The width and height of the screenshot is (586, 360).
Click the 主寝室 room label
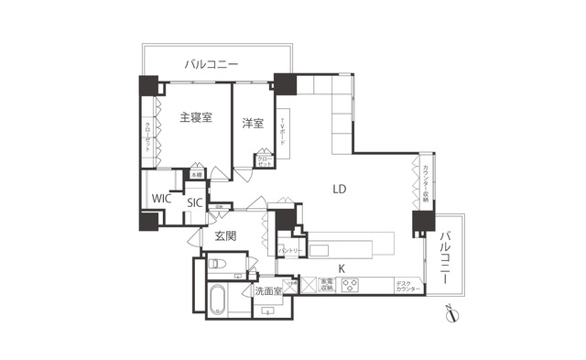(196, 117)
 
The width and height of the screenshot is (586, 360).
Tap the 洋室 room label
(253, 123)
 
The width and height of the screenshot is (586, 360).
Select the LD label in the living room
(339, 190)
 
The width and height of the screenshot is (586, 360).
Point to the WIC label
(162, 199)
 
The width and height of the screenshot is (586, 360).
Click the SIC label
(194, 203)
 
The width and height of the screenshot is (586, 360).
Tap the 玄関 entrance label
(226, 236)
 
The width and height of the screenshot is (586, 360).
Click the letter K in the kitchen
(342, 268)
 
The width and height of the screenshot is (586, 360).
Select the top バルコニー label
(212, 64)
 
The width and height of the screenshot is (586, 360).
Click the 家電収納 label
(327, 285)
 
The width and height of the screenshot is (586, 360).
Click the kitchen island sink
(320, 249)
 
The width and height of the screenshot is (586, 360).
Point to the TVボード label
(283, 139)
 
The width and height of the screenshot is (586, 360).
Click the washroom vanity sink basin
(268, 311)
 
